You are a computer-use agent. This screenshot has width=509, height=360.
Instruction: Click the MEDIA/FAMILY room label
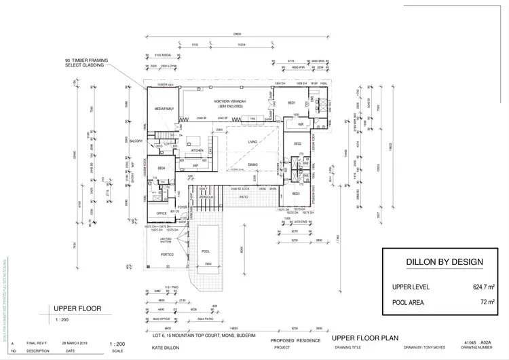(165, 108)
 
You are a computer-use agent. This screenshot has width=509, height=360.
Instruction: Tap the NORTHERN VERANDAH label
(231, 101)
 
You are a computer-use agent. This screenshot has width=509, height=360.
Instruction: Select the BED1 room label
(290, 103)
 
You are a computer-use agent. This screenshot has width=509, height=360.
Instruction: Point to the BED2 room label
(297, 144)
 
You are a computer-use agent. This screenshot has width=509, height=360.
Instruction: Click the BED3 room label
(297, 194)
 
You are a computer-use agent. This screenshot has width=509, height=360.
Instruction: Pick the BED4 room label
(162, 168)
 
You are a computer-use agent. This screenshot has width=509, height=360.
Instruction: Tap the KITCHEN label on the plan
(197, 151)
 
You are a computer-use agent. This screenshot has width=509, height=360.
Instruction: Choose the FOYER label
(182, 207)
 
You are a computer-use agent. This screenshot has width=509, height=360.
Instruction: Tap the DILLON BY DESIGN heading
(445, 262)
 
